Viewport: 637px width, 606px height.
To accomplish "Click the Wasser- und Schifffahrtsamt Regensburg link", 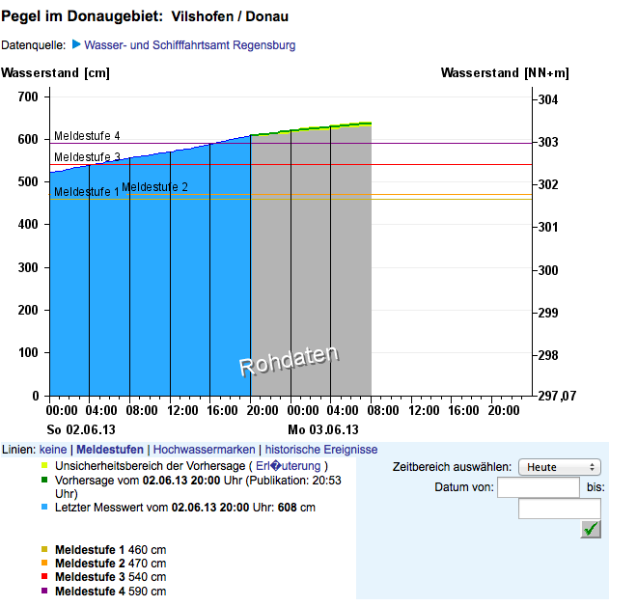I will coord(189,45).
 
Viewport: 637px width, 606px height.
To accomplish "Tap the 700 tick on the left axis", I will coord(28,97).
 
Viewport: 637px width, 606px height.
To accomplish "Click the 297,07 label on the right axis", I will coord(557,397).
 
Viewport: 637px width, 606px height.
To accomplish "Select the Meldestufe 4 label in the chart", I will coord(87,136).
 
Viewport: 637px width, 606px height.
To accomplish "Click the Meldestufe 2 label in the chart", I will coord(154,187).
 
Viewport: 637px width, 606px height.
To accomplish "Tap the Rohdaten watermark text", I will coord(289,361).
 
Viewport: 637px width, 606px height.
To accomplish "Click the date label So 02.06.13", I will coord(81,429).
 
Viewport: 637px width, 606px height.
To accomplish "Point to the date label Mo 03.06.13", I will coord(322,429).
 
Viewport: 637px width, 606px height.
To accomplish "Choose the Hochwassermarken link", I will coord(205,450).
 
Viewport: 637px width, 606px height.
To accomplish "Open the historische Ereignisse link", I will coord(321,450).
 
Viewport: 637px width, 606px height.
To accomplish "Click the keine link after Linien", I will coord(53,450).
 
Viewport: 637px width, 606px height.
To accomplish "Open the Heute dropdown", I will coord(560,467).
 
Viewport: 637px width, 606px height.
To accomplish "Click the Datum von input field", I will coord(538,487).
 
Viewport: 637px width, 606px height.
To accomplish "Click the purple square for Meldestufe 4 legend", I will coord(44,591).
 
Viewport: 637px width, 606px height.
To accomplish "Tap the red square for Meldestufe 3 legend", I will coord(44,577).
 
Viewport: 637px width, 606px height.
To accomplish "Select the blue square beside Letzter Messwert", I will coord(44,507).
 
